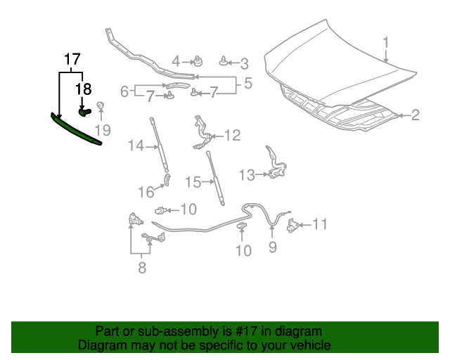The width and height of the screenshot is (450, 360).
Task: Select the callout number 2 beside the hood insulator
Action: (415, 115)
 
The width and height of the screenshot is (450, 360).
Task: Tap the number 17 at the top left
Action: (72, 59)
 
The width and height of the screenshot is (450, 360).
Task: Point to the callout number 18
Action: (84, 89)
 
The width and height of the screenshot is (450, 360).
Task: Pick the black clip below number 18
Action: (84, 111)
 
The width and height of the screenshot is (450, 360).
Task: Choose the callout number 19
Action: (103, 130)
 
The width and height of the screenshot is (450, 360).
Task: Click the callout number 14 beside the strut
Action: (135, 146)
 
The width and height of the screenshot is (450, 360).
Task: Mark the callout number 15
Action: (193, 182)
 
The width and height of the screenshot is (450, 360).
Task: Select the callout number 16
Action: (146, 192)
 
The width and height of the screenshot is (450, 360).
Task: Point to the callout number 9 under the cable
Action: (273, 247)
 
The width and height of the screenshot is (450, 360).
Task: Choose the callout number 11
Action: (320, 225)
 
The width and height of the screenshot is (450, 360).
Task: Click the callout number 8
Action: (142, 267)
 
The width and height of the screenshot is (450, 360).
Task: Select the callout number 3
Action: (244, 64)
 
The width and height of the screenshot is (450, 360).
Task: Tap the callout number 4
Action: (176, 61)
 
